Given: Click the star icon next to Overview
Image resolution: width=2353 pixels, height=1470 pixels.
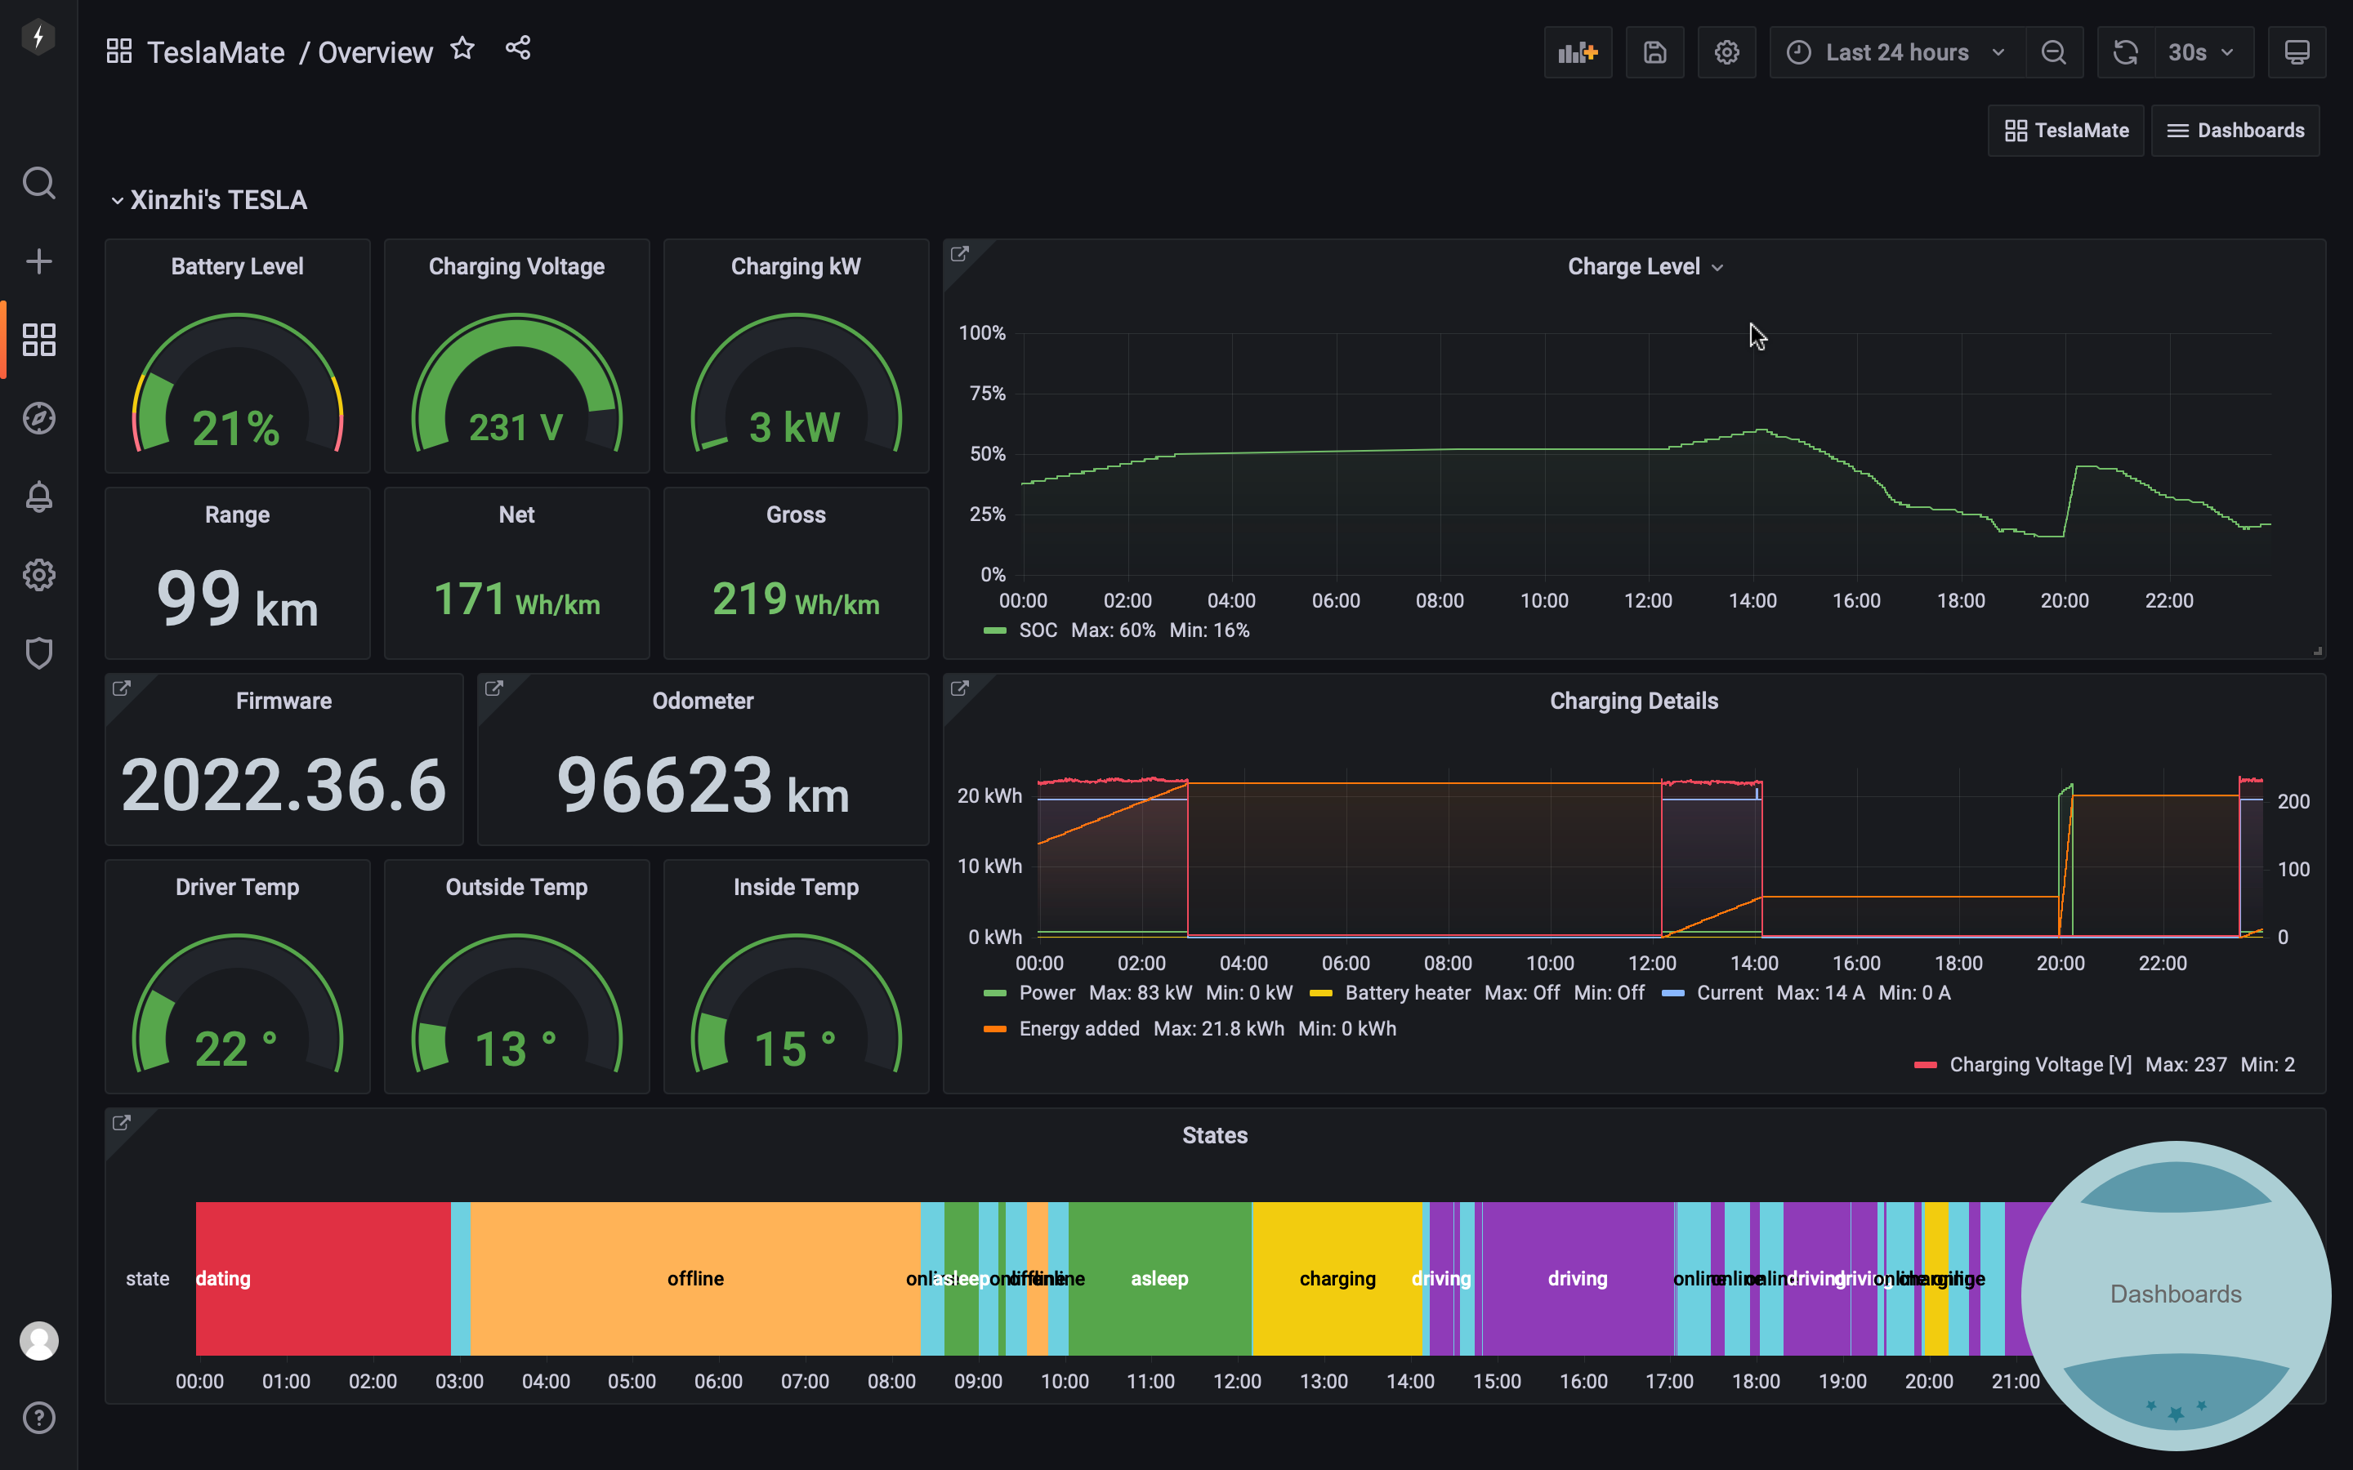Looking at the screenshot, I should point(462,49).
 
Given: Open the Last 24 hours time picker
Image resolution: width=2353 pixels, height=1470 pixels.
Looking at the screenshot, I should point(1896,52).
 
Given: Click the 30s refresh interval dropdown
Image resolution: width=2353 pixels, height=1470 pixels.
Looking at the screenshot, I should point(2201,52).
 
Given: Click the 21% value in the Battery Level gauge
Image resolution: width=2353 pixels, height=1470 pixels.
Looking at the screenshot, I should point(236,428).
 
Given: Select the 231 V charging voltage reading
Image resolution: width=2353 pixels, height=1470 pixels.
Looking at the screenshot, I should point(516,428).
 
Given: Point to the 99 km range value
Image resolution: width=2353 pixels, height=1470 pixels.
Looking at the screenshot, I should point(237,598).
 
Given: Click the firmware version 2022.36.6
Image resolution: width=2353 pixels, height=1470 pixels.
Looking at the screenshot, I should point(284,785).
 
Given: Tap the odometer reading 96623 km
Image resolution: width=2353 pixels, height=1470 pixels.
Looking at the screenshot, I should point(702,785).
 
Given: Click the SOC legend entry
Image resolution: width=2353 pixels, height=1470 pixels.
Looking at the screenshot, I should point(1037,630).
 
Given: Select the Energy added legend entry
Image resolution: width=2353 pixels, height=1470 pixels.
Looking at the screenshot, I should point(1078,1029).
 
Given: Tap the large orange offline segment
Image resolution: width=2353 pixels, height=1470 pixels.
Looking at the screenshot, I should point(695,1278).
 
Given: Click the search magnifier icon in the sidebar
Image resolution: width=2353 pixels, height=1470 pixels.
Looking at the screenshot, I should point(39,183).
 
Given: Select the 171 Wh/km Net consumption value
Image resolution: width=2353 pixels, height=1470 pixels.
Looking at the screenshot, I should point(516,599).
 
